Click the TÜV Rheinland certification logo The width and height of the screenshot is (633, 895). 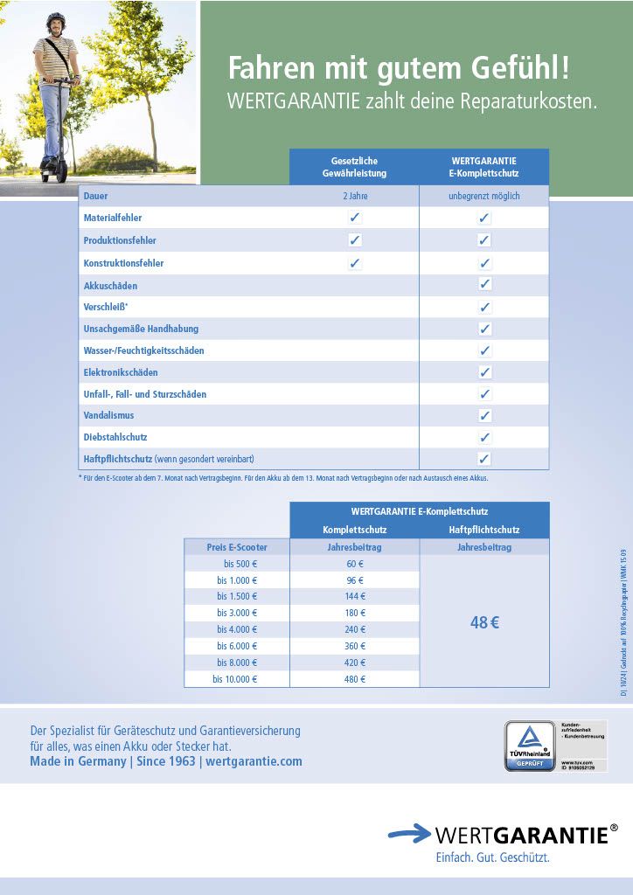tap(530, 746)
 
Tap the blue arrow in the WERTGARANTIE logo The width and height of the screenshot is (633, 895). tap(409, 834)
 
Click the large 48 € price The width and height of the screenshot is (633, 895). tap(483, 623)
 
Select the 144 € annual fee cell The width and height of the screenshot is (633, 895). tap(355, 596)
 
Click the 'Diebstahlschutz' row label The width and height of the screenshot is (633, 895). tap(115, 437)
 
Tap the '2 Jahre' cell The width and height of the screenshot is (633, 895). tap(355, 196)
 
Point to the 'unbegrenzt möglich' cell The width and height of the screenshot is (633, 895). tap(483, 196)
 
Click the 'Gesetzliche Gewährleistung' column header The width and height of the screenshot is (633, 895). tap(354, 167)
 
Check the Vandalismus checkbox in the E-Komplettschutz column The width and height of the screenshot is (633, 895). tap(484, 415)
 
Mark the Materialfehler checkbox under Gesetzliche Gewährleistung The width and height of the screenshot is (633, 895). tap(355, 218)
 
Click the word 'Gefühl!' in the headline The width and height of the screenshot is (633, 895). tap(520, 67)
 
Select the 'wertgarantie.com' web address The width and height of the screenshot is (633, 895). tap(254, 761)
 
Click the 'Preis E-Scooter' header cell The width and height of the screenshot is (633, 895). tap(236, 547)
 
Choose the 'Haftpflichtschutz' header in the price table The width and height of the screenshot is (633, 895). tap(483, 530)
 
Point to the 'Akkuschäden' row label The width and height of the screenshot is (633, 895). tap(110, 286)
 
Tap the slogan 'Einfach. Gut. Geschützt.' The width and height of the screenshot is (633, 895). tap(492, 857)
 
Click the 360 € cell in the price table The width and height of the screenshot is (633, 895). tap(355, 646)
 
